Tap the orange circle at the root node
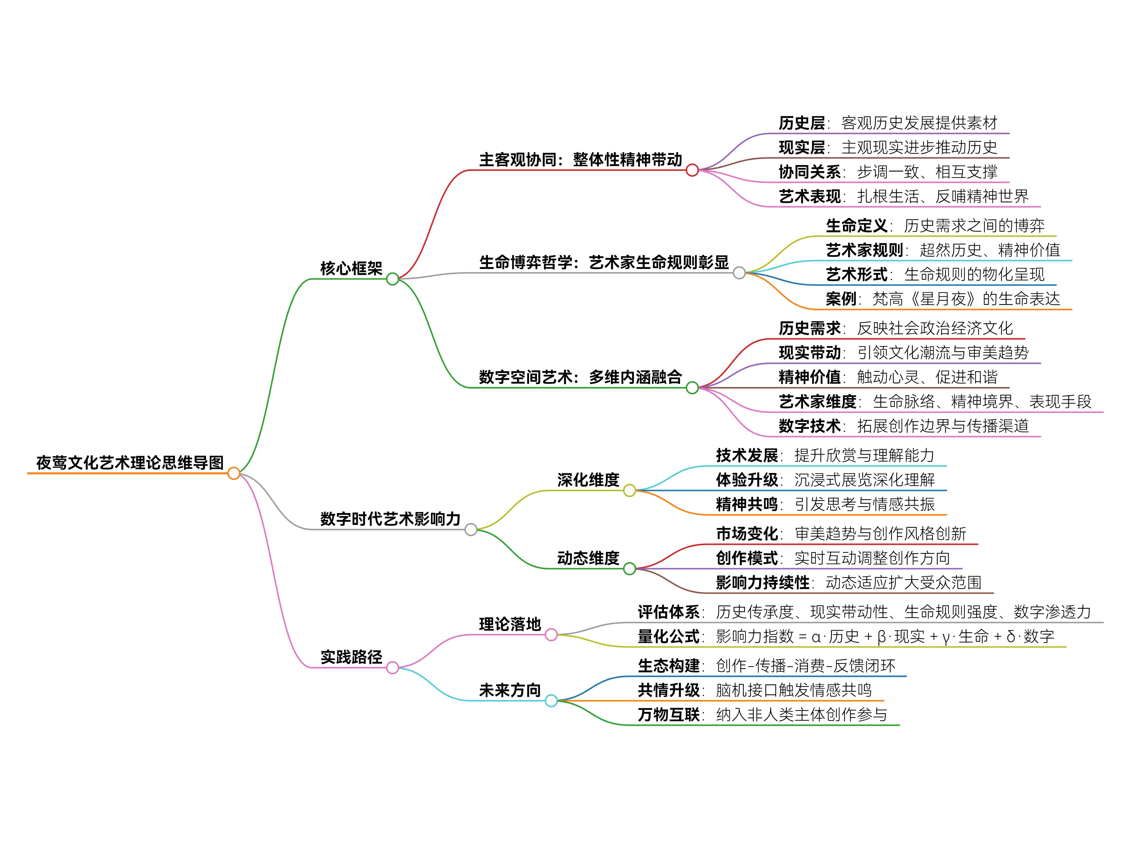point(234,474)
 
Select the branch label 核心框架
point(351,268)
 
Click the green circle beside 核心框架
point(392,279)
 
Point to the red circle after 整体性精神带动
point(692,170)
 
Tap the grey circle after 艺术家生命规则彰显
point(739,273)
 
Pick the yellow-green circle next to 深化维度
point(629,491)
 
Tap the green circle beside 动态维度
point(629,568)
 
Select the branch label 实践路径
point(351,657)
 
